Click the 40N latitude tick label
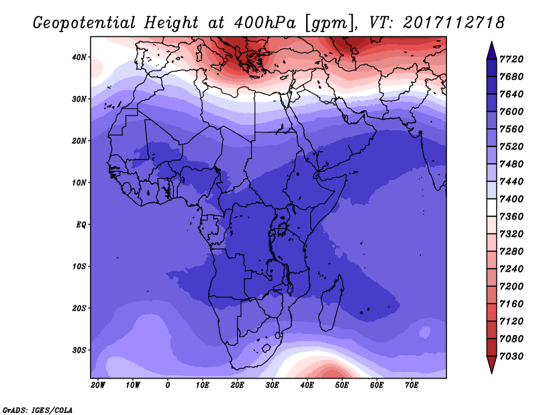[x=80, y=57]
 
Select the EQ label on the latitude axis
[x=81, y=224]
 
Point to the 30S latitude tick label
[x=80, y=350]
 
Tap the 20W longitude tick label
[x=98, y=385]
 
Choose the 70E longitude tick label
[x=412, y=385]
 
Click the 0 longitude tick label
[x=168, y=385]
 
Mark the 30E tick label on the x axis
[x=273, y=385]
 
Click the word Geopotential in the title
[x=84, y=23]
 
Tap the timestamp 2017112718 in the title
[x=454, y=22]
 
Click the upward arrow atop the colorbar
[x=491, y=50]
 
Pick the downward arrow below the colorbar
[x=491, y=364]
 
